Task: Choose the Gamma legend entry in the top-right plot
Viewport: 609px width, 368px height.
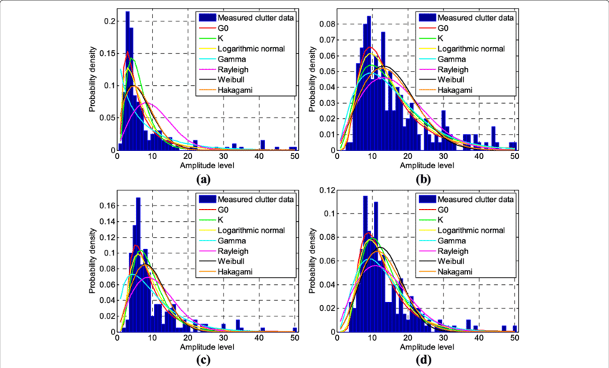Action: pyautogui.click(x=451, y=59)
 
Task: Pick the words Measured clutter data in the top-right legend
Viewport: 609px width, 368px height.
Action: pyautogui.click(x=476, y=17)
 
